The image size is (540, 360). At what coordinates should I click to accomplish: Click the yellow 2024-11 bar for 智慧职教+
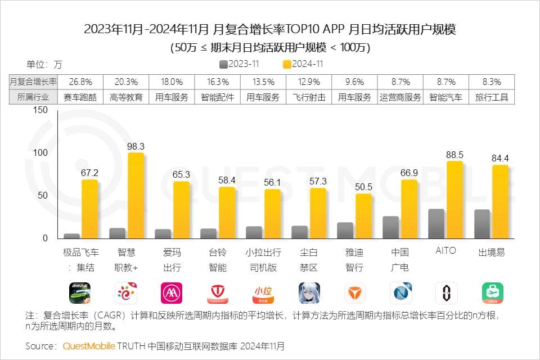pyautogui.click(x=136, y=196)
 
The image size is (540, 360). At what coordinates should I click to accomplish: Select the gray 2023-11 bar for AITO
pyautogui.click(x=436, y=224)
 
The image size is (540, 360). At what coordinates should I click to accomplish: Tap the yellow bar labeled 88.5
pyautogui.click(x=455, y=200)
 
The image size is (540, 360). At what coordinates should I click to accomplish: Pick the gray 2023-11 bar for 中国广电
pyautogui.click(x=390, y=227)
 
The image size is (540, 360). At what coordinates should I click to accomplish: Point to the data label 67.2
pyautogui.click(x=89, y=173)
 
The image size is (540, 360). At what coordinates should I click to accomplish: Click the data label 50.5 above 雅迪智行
pyautogui.click(x=364, y=187)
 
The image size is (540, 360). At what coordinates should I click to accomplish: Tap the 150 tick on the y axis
pyautogui.click(x=40, y=110)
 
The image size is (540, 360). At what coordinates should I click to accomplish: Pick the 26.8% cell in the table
pyautogui.click(x=80, y=82)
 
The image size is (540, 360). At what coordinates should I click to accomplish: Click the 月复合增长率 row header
pyautogui.click(x=34, y=82)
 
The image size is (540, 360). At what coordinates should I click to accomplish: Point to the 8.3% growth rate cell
pyautogui.click(x=491, y=82)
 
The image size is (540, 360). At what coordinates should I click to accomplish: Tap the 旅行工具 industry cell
pyautogui.click(x=491, y=97)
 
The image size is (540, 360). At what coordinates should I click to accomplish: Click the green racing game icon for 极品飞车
pyautogui.click(x=79, y=293)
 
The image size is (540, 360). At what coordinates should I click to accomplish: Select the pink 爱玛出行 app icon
pyautogui.click(x=172, y=293)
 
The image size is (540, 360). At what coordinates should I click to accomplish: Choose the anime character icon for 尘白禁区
pyautogui.click(x=309, y=293)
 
